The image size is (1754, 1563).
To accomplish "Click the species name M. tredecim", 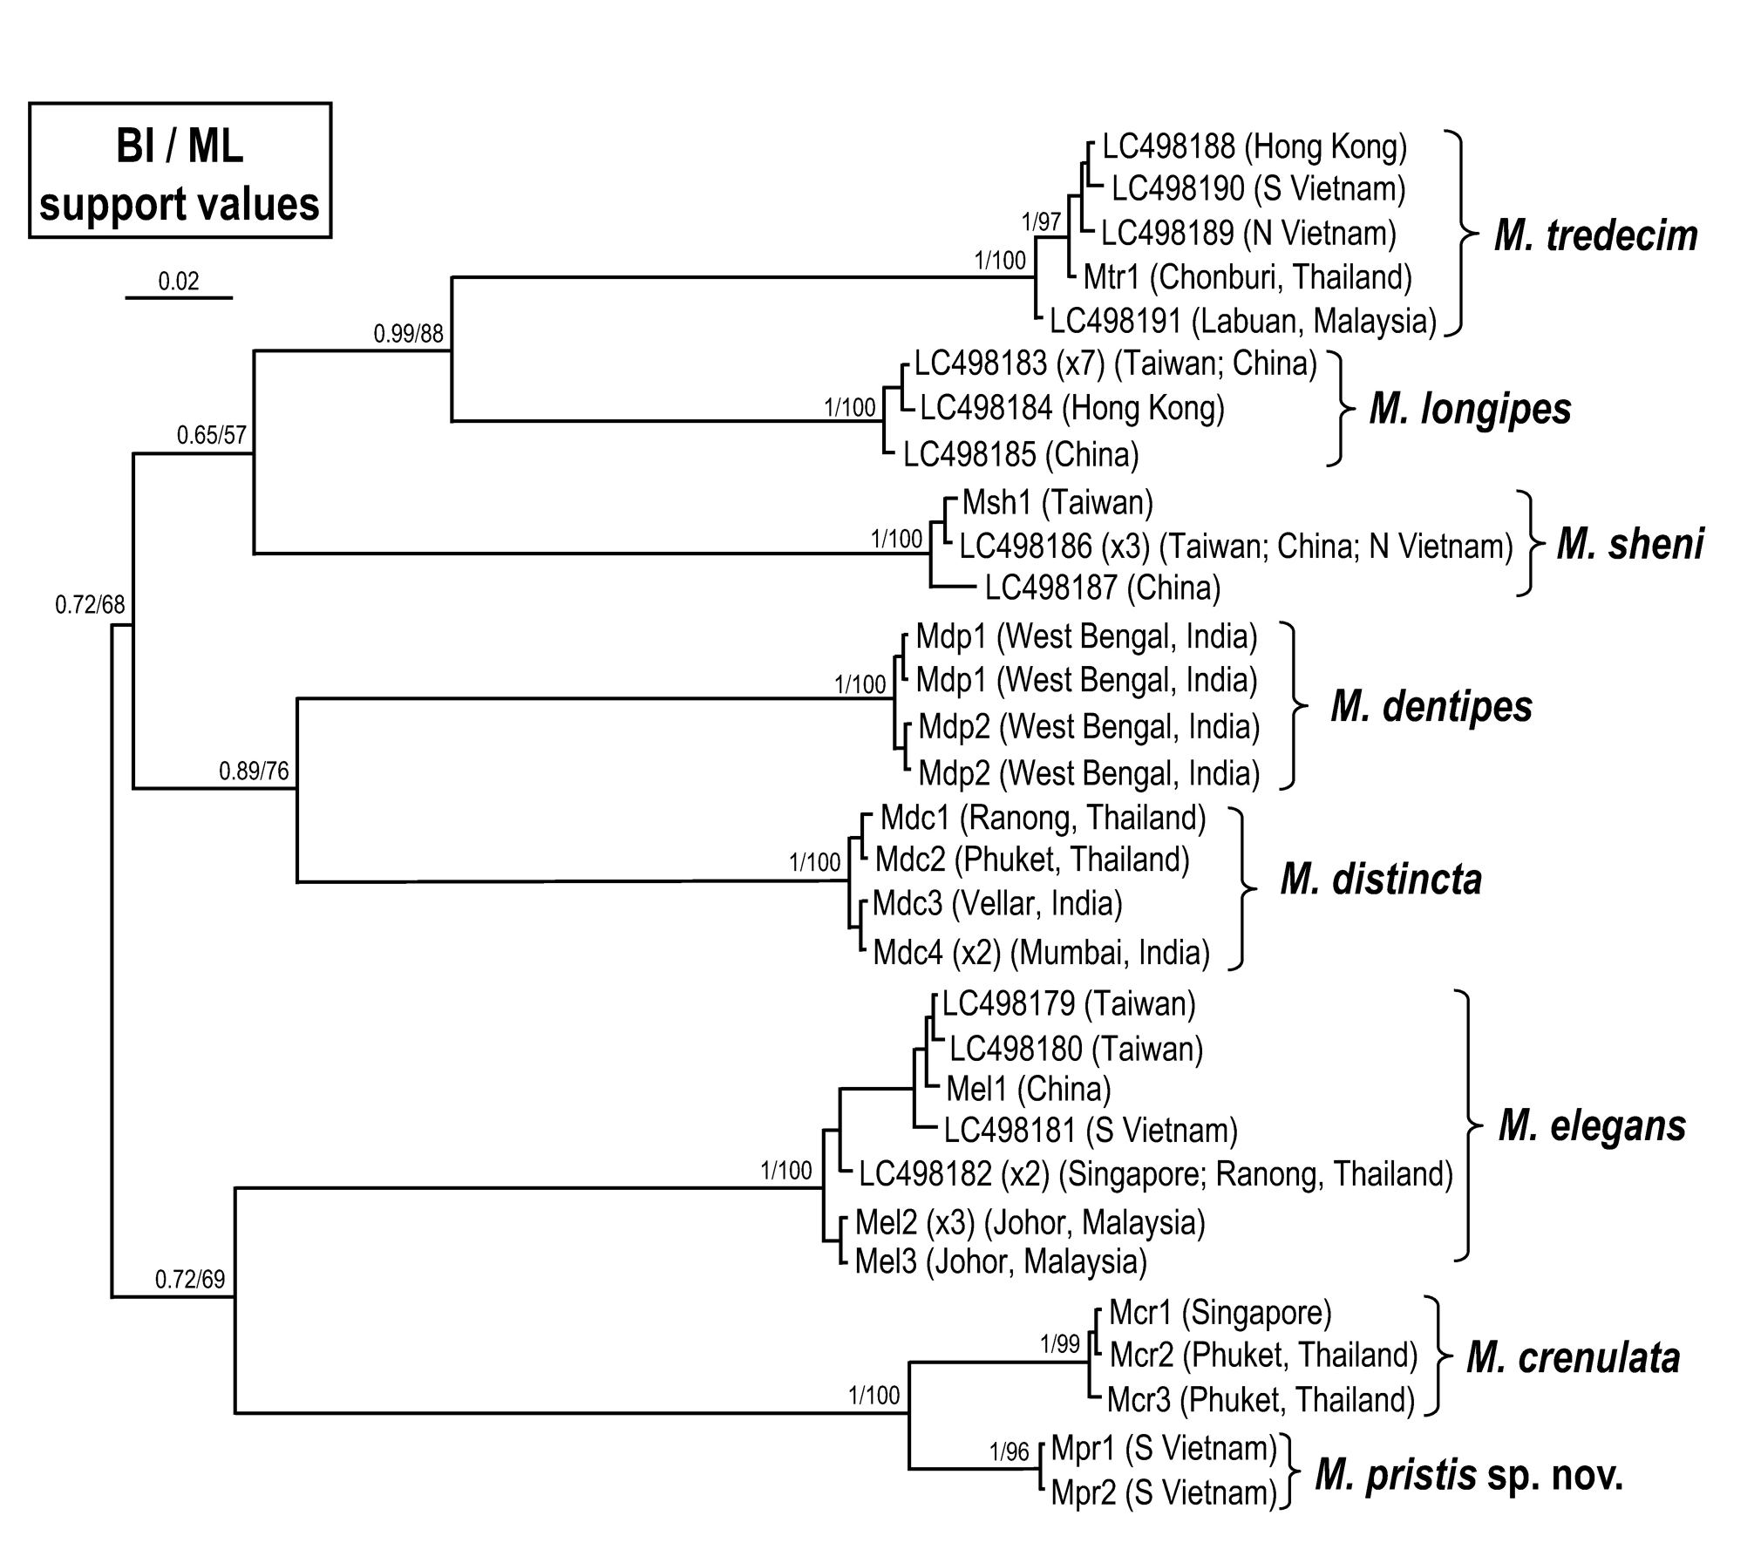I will [x=1595, y=235].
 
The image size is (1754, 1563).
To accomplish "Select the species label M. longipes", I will [x=1470, y=409].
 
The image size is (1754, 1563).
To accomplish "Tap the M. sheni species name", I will [x=1629, y=544].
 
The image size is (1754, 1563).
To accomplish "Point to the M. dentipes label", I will [x=1431, y=706].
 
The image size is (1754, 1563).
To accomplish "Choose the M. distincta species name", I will [x=1381, y=880].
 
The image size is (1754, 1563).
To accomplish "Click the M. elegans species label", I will [x=1592, y=1125].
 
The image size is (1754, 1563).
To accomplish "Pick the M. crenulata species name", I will [x=1573, y=1357].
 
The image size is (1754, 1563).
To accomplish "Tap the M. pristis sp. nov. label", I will [x=1469, y=1475].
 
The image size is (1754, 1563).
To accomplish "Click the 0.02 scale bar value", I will [x=179, y=281].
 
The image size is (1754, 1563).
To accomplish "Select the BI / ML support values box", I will [x=180, y=171].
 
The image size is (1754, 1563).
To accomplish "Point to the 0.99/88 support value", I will [x=408, y=333].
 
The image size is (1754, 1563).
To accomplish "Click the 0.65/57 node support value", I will [x=212, y=435].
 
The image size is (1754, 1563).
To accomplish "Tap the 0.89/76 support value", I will [x=254, y=771].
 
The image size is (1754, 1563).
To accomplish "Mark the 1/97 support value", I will [x=1042, y=222].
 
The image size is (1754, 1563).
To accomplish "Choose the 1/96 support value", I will [x=1010, y=1451].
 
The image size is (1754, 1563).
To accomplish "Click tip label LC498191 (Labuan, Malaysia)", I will [x=1242, y=321].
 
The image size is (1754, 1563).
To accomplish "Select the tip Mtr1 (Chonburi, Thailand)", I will [x=1247, y=277].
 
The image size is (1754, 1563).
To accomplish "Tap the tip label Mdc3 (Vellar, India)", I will [x=997, y=903].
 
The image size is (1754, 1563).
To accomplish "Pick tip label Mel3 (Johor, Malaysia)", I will [x=1000, y=1261].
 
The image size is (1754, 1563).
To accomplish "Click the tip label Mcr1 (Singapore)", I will [x=1220, y=1312].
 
